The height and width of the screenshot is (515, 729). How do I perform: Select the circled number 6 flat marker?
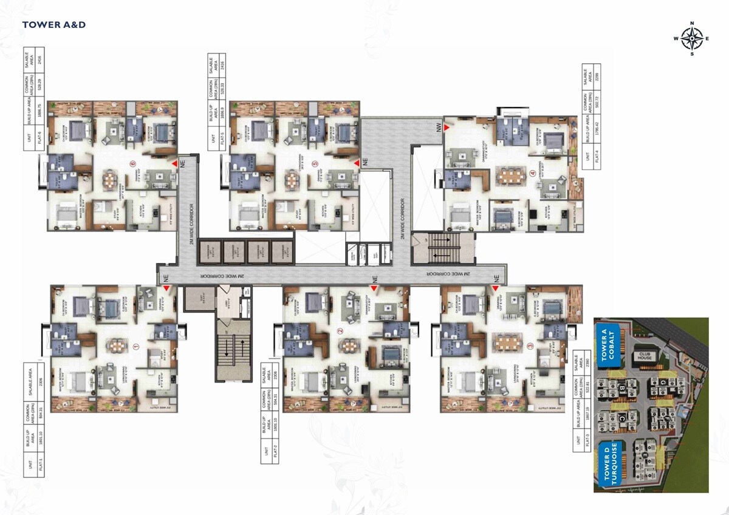[132, 163]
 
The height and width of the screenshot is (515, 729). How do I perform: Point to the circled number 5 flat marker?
[314, 163]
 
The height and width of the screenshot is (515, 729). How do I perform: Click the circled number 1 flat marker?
[135, 348]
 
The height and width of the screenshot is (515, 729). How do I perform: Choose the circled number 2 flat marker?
[340, 332]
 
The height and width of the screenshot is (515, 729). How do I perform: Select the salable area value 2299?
[597, 78]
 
